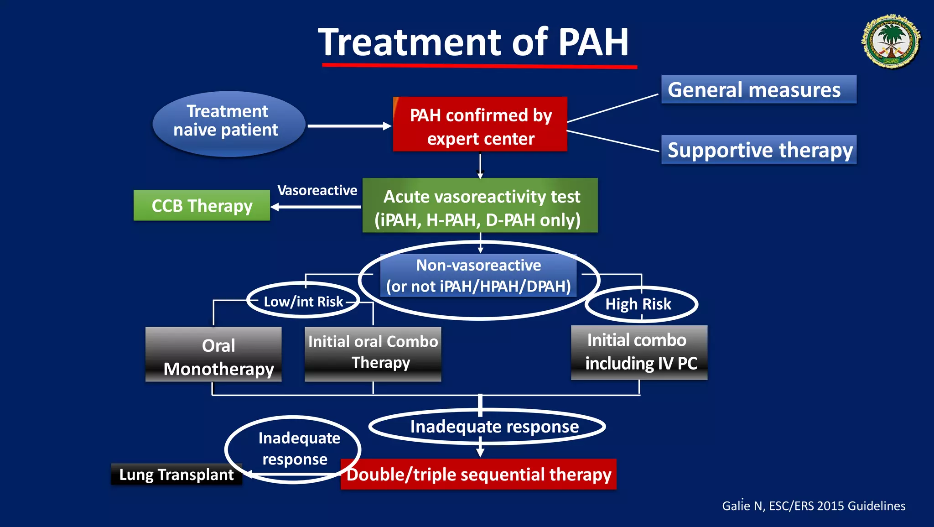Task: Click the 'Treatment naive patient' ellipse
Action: tap(228, 123)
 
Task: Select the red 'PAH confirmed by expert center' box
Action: tap(480, 124)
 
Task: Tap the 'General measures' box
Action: tap(758, 89)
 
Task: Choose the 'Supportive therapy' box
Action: tap(759, 150)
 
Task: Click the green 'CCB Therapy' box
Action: tap(202, 205)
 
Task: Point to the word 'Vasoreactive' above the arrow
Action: tap(317, 190)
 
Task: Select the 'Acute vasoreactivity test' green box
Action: tap(480, 205)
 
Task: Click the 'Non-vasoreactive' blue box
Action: tap(478, 275)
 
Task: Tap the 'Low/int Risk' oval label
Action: tap(303, 301)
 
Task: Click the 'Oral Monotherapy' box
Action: tap(213, 355)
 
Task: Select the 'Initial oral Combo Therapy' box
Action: tap(373, 354)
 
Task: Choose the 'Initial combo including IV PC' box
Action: tap(639, 352)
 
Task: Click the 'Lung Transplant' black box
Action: tap(176, 475)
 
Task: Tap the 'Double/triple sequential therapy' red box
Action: tap(478, 475)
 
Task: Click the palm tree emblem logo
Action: tap(891, 42)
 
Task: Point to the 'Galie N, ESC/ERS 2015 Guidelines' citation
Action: tap(814, 506)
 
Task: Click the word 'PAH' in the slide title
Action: tap(593, 42)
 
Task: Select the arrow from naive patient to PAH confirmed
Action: tap(349, 126)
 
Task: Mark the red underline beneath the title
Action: tap(479, 66)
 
